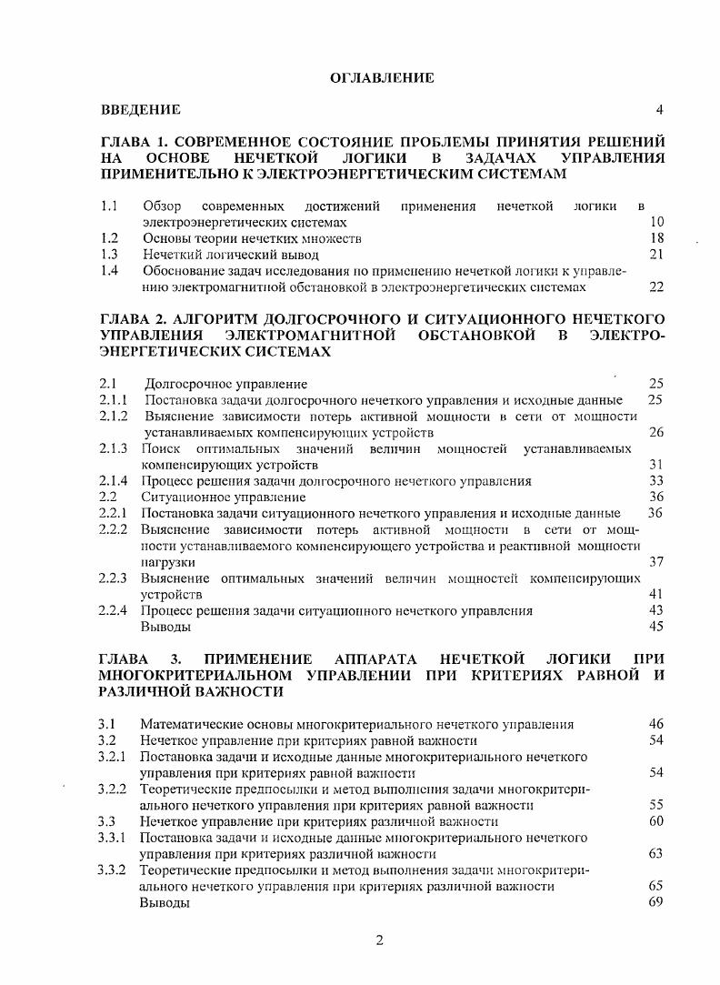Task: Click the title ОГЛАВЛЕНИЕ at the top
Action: (x=381, y=78)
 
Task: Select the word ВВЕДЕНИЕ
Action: (x=140, y=110)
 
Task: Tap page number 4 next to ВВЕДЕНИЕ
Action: (x=659, y=110)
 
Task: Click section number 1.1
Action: (x=109, y=206)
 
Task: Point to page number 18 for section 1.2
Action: (x=656, y=238)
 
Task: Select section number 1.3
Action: (x=109, y=255)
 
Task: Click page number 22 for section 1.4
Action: (x=656, y=287)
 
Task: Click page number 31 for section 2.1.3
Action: (x=656, y=465)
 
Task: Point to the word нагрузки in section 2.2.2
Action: (x=167, y=562)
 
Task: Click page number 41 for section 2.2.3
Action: (x=656, y=595)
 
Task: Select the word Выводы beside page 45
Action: (x=165, y=627)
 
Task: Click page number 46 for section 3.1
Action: (x=656, y=724)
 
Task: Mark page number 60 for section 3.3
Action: (x=656, y=821)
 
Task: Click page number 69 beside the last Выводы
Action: (x=656, y=902)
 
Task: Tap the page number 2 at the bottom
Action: (x=380, y=940)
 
